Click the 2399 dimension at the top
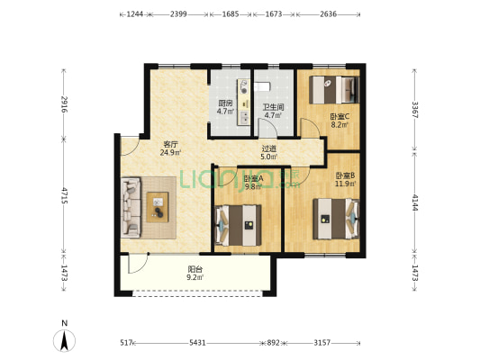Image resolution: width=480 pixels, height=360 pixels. [x=178, y=14]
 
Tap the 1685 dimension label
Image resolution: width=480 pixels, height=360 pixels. [x=231, y=14]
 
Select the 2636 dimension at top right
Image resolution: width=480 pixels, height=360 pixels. [x=329, y=14]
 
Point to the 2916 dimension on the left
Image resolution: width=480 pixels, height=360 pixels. [x=64, y=104]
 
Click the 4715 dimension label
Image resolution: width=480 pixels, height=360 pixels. [x=64, y=195]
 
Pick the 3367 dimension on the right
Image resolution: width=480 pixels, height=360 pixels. [x=415, y=110]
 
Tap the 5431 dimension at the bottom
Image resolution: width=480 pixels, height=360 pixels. [x=197, y=343]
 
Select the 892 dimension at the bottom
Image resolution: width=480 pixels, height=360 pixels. [x=273, y=343]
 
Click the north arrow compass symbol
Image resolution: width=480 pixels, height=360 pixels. [x=64, y=341]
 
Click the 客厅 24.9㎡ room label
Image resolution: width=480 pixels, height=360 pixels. [x=170, y=148]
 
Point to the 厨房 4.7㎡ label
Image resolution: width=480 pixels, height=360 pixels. [x=225, y=107]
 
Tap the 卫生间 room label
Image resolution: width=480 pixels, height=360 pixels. [x=274, y=107]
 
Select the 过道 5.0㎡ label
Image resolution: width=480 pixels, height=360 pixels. [x=269, y=153]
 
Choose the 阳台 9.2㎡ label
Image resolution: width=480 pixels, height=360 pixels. [x=195, y=273]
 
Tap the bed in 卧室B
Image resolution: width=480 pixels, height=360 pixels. [x=336, y=219]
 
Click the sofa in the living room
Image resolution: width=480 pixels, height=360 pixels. [x=131, y=208]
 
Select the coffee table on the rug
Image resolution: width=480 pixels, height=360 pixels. [x=158, y=207]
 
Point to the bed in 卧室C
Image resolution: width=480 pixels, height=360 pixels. [x=334, y=90]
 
